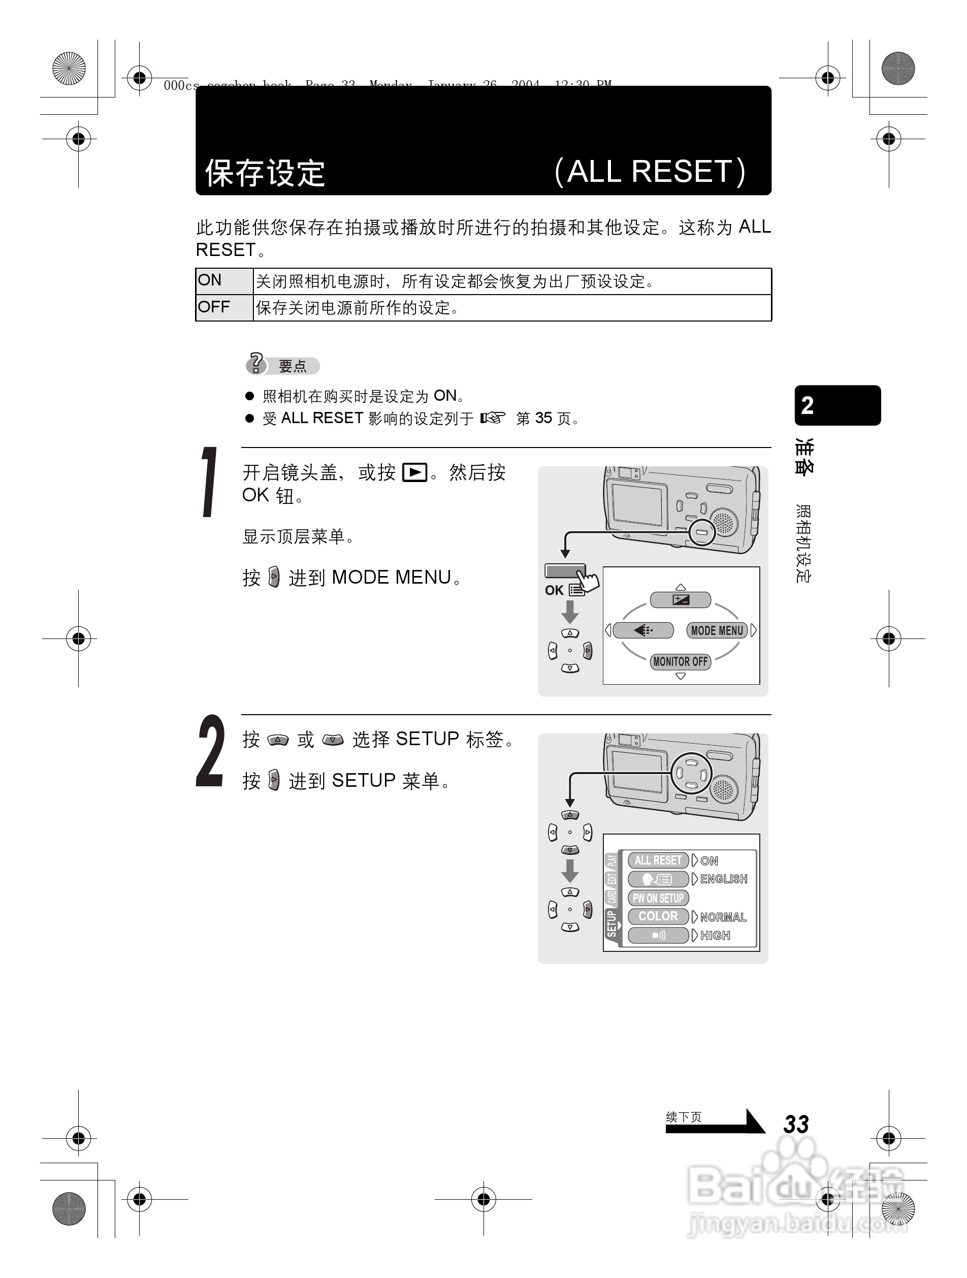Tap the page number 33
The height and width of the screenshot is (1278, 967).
796,1124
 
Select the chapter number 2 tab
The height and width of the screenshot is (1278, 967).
837,405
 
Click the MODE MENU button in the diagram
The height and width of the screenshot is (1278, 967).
717,630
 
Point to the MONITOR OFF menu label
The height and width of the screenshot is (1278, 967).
681,661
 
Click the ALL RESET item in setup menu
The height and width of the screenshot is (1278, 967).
658,860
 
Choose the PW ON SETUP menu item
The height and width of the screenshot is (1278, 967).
658,898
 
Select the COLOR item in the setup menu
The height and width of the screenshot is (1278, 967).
658,916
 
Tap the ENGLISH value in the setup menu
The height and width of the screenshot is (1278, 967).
723,879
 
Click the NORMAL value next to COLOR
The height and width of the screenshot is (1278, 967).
723,917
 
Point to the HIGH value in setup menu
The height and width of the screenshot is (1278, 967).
715,936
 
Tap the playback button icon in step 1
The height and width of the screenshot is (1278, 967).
414,472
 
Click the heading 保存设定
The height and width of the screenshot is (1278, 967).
265,173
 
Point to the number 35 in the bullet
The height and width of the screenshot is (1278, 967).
543,418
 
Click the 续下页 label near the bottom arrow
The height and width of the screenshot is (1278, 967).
684,1117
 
